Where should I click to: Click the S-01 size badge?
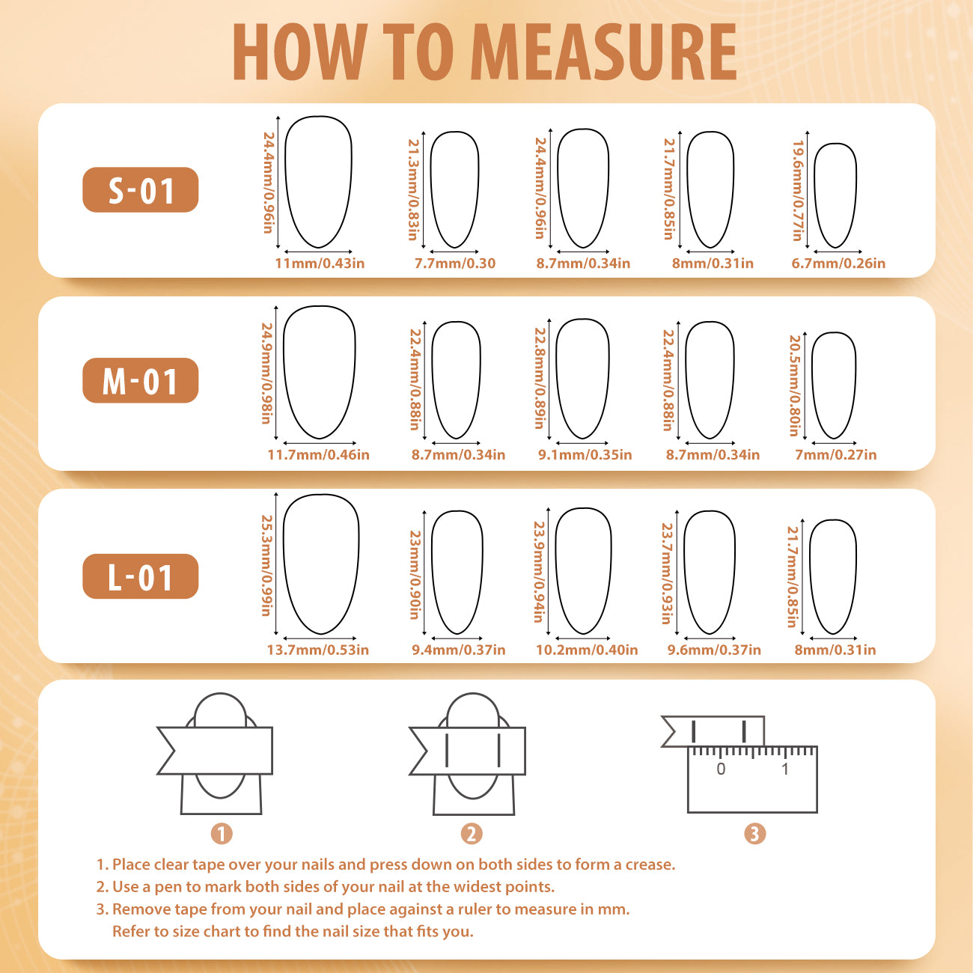[141, 190]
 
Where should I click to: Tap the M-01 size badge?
[141, 380]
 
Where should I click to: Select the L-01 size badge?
[141, 576]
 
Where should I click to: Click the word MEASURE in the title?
[606, 52]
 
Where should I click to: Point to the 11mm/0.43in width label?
[320, 263]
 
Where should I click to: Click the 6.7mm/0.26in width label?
[838, 263]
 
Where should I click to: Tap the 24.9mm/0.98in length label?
[266, 373]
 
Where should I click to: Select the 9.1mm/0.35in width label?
[585, 454]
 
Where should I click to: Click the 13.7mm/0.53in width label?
[318, 650]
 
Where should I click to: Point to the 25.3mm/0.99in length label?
[266, 565]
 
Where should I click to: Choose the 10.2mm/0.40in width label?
[587, 650]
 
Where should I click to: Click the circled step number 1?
[221, 833]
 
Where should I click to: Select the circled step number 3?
[755, 833]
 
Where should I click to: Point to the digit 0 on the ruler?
[721, 769]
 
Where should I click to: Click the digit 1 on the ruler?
[785, 769]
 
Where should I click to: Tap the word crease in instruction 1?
[650, 865]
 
